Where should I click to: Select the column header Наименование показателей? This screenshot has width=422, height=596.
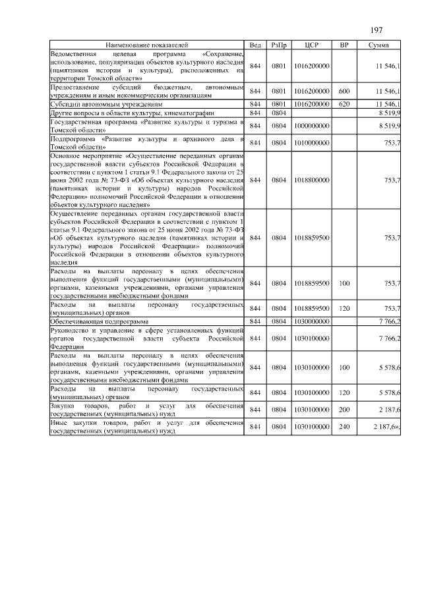click(146, 44)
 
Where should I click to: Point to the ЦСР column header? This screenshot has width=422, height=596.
click(312, 44)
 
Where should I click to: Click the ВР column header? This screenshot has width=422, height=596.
click(344, 44)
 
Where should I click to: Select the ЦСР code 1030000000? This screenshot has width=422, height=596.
click(312, 321)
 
